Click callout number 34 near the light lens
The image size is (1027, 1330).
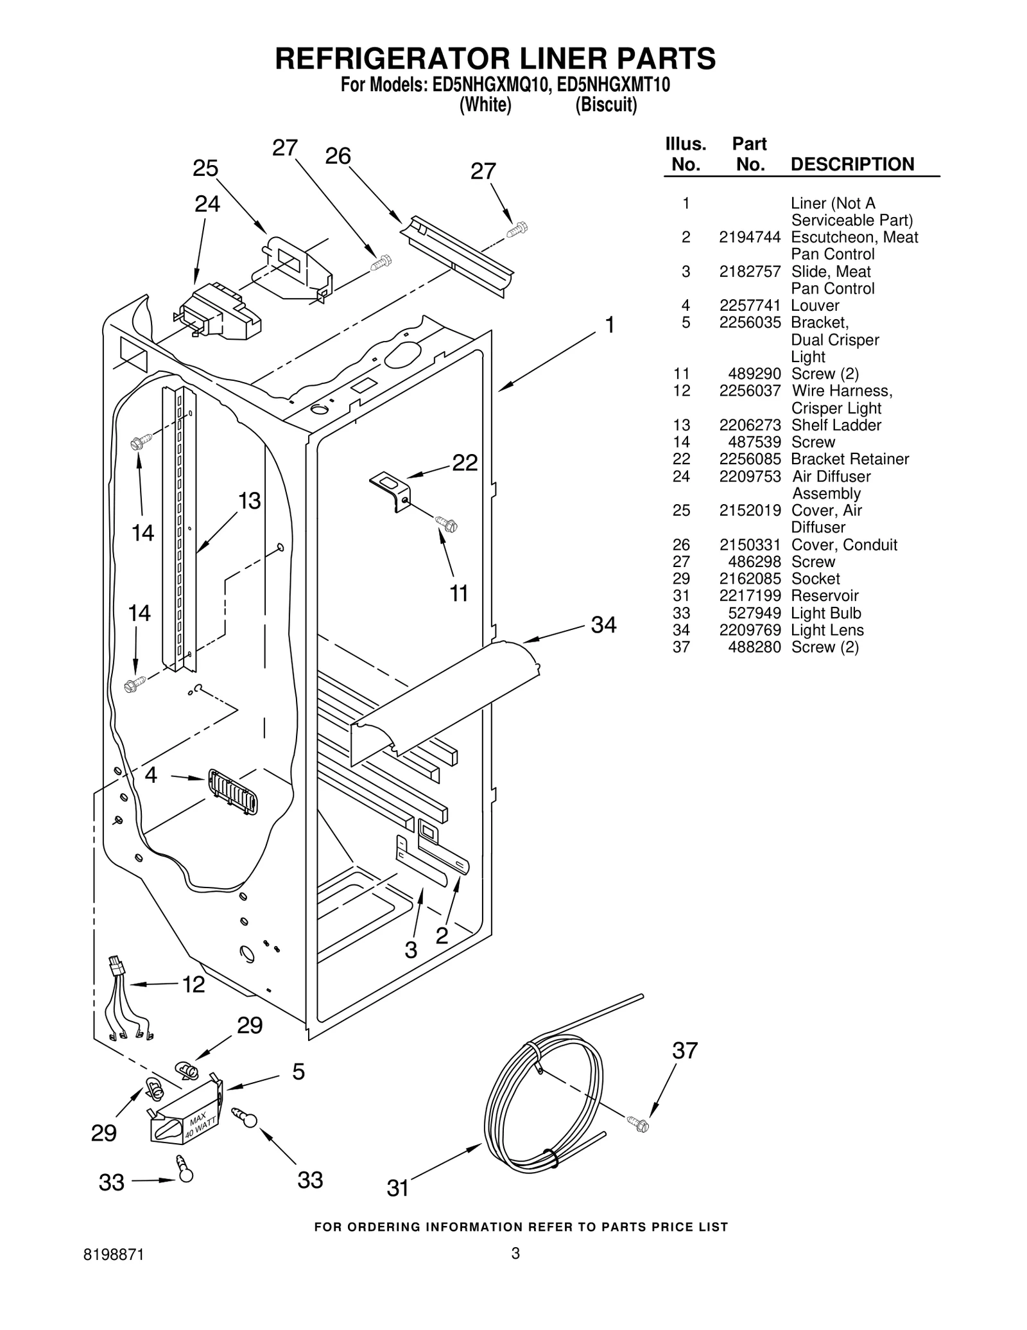point(603,625)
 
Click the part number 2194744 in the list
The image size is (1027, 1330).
point(749,238)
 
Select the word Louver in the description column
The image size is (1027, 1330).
point(815,306)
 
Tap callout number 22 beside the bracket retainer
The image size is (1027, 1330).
point(465,463)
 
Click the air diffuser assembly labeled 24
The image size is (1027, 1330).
point(218,311)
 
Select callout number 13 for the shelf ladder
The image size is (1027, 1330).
point(250,501)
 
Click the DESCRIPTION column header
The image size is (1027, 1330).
point(852,164)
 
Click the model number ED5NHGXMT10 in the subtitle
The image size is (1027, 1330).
point(614,85)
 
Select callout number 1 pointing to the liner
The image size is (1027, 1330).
point(610,325)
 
